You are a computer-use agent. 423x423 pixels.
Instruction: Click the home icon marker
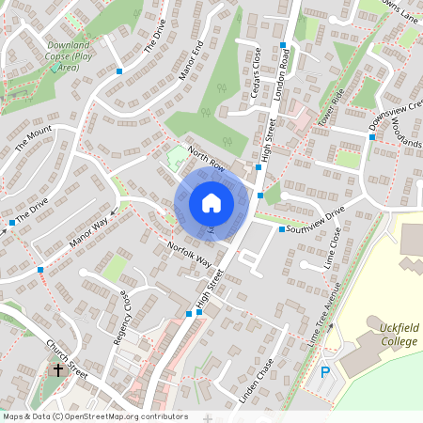coord(211,202)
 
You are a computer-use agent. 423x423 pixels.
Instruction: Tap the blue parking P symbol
coord(325,372)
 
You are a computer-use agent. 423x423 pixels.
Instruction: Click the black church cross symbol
coord(57,369)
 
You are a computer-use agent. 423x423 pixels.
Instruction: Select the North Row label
coord(206,161)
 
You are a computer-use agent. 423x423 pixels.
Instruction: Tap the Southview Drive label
coord(317,220)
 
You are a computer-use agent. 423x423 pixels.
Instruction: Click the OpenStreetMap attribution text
coord(95,415)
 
